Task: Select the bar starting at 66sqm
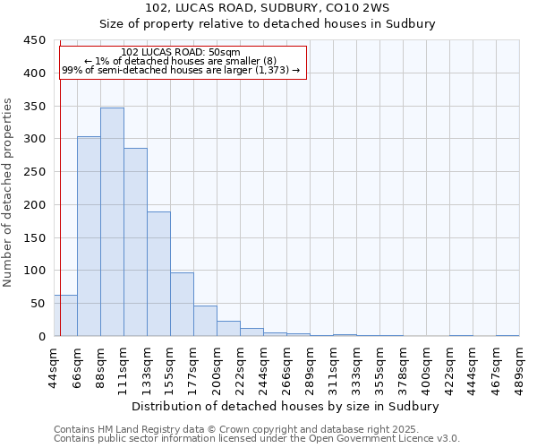click(x=89, y=237)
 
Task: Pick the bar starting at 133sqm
click(x=158, y=274)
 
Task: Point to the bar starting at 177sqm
click(x=205, y=321)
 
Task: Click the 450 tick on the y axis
click(x=34, y=40)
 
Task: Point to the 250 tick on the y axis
click(x=34, y=172)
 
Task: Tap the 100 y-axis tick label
click(x=34, y=271)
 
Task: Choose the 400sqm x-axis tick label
click(x=427, y=366)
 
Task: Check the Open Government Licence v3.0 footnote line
click(x=257, y=439)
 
